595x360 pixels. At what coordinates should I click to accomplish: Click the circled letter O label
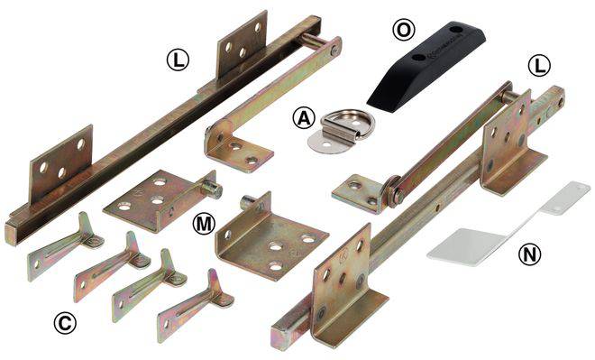coord(403,31)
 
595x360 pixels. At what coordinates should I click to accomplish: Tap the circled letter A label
coord(304,117)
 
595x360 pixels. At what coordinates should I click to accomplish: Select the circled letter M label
coord(204,224)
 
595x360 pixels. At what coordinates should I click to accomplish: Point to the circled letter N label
coord(529,254)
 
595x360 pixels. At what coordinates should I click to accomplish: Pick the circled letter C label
coord(65,323)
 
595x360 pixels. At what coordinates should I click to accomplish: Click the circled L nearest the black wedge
coord(539,67)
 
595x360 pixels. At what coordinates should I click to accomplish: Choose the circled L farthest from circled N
coord(178,60)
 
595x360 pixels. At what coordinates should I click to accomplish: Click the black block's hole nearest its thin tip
coord(418,58)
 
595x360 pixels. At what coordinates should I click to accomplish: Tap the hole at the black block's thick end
coord(454,29)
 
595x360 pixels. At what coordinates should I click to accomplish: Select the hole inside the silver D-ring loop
coord(355,124)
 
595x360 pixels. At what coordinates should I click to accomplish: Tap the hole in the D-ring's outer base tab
coord(325,143)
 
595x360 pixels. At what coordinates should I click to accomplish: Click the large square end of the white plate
coord(464,247)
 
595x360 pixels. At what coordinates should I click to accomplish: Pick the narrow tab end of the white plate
coord(566,198)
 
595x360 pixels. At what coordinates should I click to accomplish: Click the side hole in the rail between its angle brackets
coord(438,208)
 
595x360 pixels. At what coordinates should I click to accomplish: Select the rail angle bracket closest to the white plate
coord(513,143)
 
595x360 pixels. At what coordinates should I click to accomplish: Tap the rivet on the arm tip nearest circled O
coord(334,49)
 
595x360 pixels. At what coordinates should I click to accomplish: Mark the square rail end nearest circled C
coord(11,235)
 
